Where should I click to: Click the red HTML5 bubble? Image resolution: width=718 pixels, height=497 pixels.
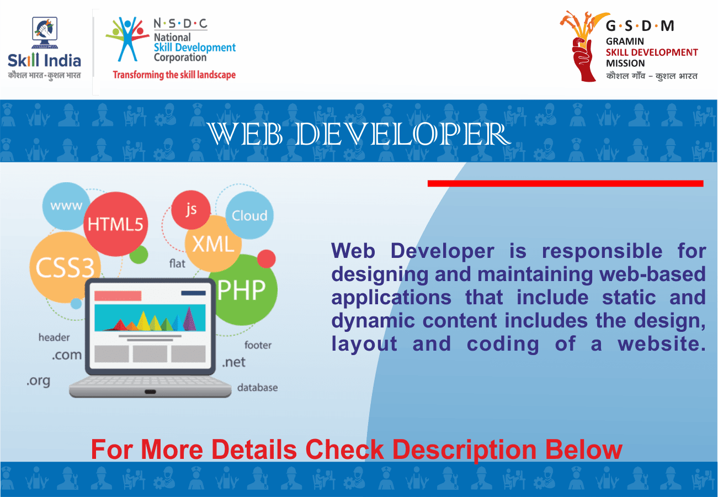116,224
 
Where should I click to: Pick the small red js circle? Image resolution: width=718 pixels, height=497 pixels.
191,210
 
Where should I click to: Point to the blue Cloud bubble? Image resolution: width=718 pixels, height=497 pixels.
249,215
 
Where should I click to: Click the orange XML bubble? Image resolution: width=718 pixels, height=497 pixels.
213,244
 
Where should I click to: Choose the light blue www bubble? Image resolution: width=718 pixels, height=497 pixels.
66,206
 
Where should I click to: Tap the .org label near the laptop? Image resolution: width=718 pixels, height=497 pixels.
39,381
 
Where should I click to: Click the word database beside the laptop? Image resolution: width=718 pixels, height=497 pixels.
257,388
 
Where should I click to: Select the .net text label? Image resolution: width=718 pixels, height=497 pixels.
234,362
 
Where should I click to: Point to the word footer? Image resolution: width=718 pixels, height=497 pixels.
258,345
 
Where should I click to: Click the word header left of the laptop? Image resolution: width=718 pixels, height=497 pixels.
54,337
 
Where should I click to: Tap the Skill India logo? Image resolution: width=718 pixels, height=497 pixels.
44,47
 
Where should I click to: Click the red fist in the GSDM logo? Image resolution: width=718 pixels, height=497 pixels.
583,59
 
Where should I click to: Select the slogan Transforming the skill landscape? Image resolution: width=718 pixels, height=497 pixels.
174,75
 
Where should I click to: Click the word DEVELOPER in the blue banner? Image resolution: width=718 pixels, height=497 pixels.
402,134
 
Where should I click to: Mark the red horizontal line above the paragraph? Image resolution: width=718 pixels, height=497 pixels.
566,183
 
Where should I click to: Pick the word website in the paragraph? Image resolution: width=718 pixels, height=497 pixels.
662,343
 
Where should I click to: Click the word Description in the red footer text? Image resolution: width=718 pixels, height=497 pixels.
464,450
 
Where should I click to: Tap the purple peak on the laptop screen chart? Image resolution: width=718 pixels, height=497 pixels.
189,319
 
